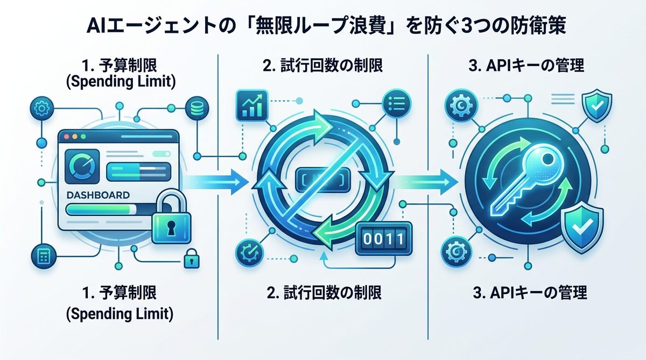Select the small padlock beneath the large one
click(x=191, y=259)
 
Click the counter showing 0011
click(x=383, y=238)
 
